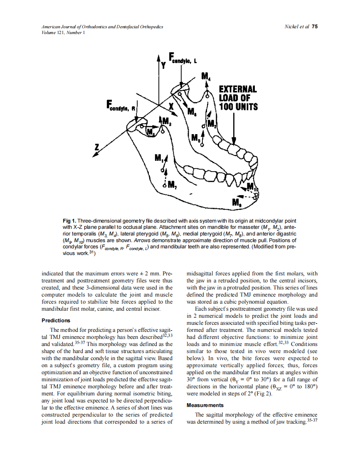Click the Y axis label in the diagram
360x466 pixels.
pyautogui.click(x=163, y=65)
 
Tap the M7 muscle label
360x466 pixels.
pyautogui.click(x=171, y=184)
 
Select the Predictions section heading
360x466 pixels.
pyautogui.click(x=56, y=321)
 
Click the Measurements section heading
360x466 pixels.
pyautogui.click(x=205, y=405)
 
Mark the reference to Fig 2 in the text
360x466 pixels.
pyautogui.click(x=263, y=394)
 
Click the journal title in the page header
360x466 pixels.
pyautogui.click(x=102, y=27)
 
